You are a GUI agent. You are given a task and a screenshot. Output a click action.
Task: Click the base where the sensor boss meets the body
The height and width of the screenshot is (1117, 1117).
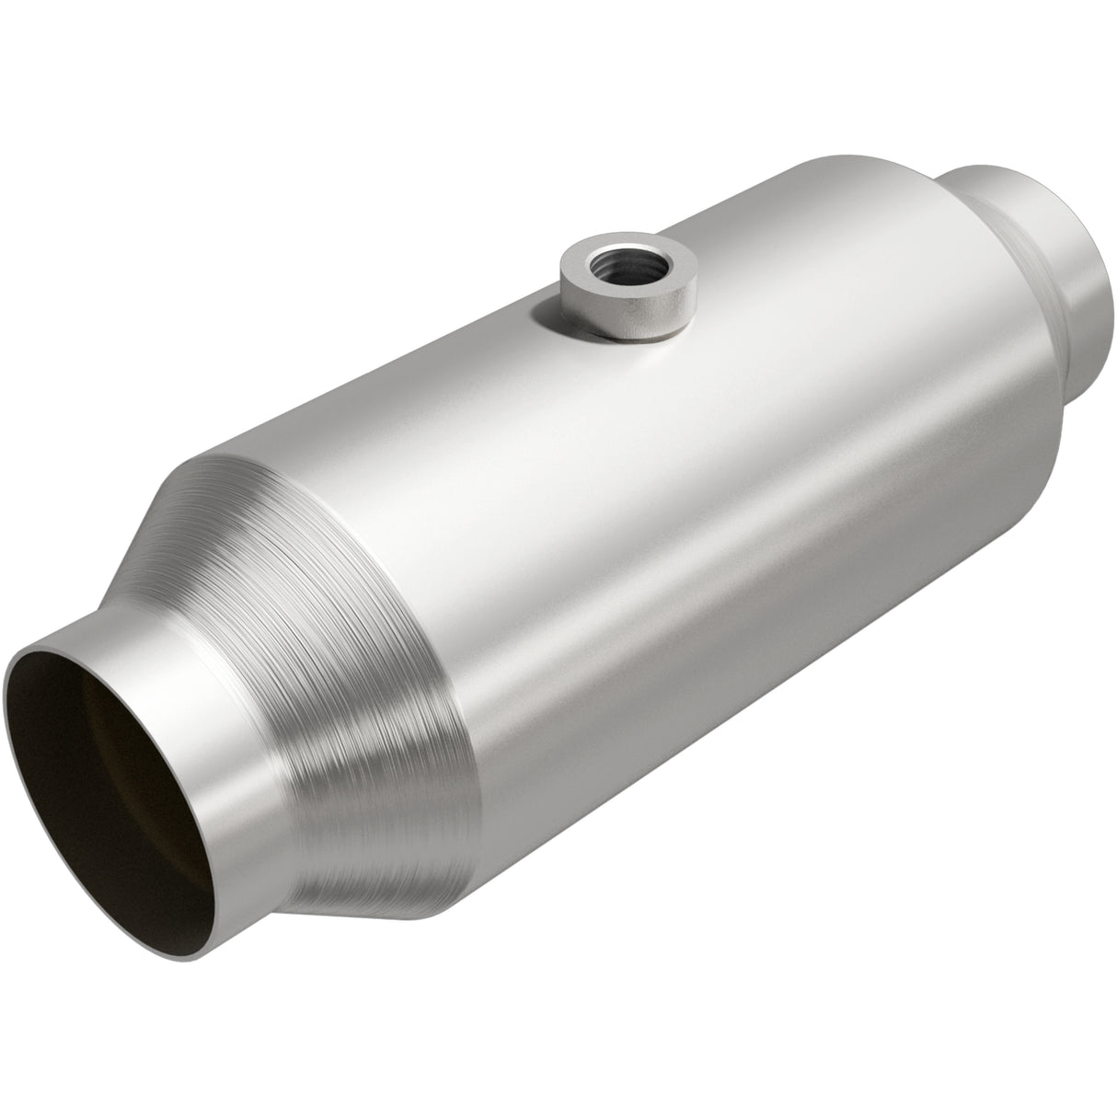click(626, 340)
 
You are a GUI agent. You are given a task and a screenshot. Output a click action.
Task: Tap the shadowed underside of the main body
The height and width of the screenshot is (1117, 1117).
click(736, 736)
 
